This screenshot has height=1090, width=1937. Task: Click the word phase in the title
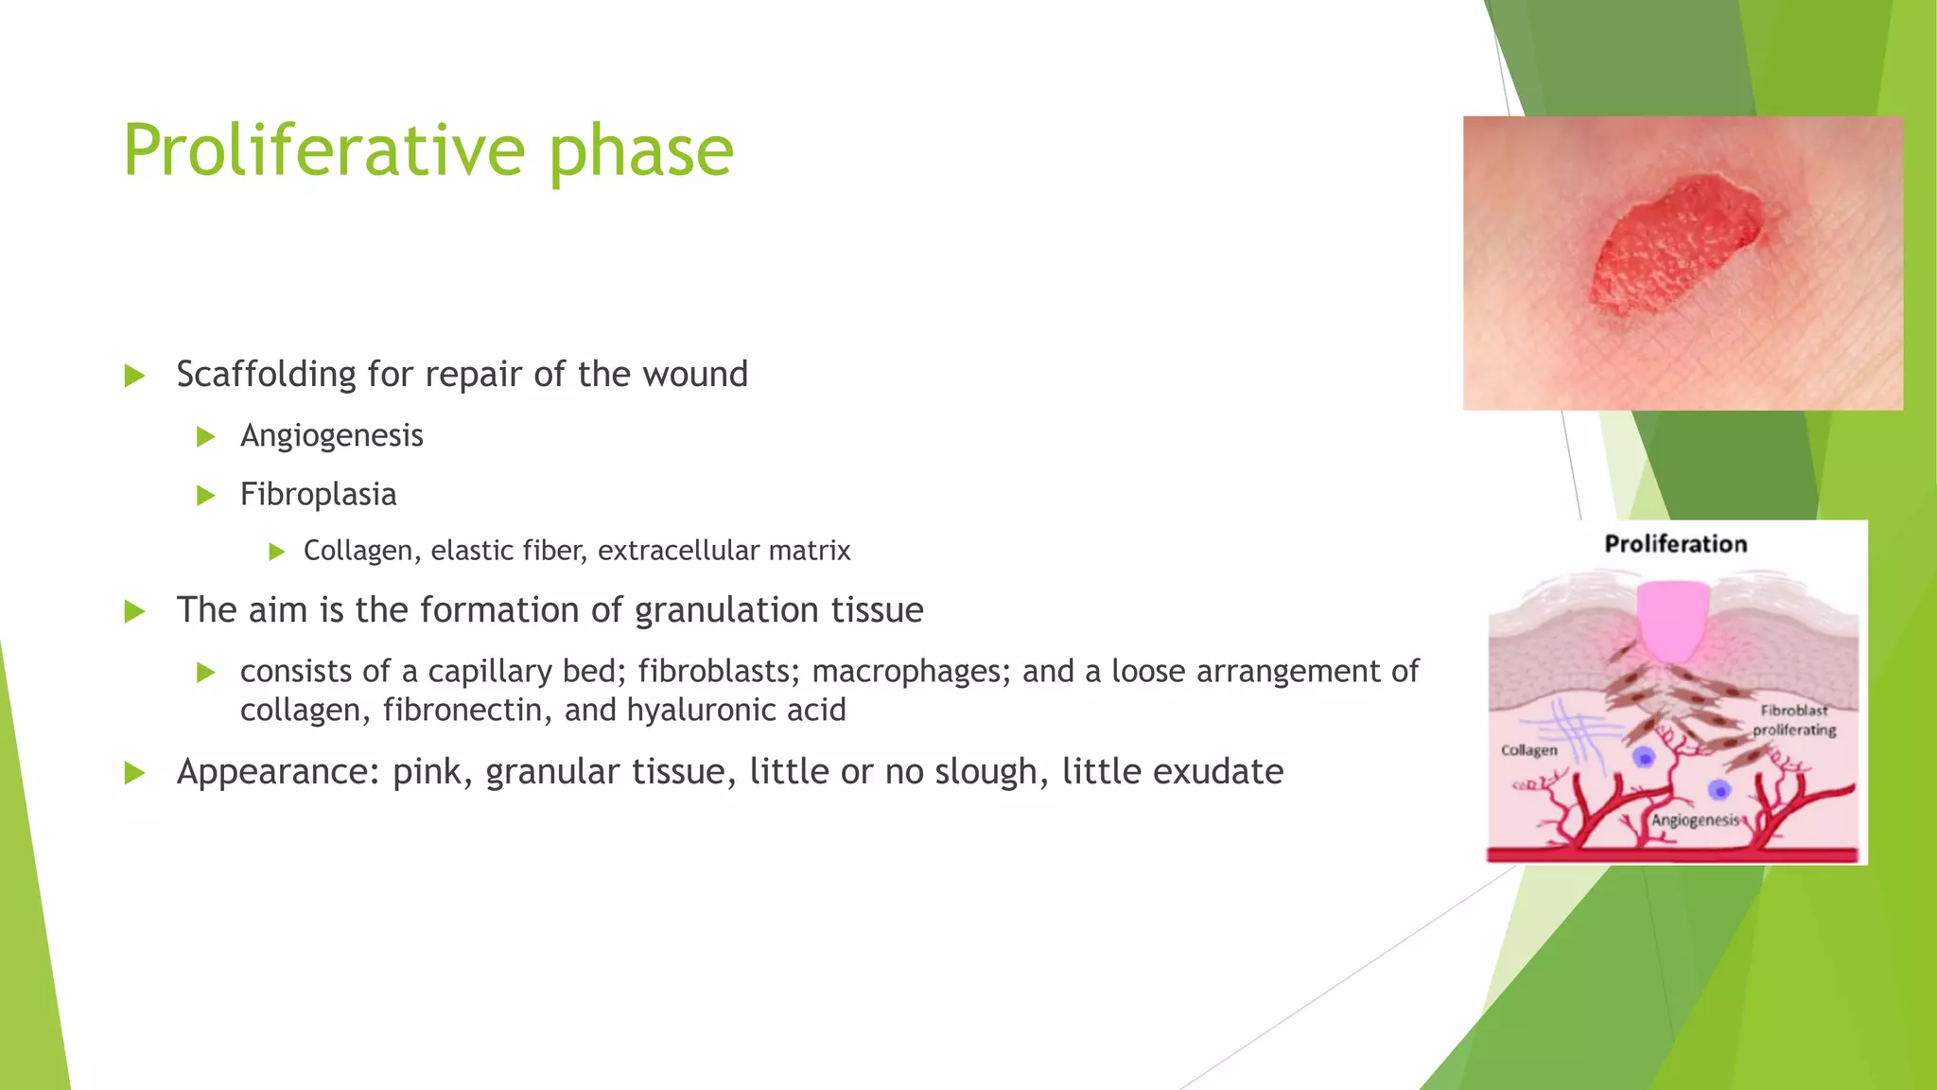click(x=640, y=150)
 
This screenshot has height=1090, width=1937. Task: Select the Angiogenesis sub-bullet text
click(x=331, y=435)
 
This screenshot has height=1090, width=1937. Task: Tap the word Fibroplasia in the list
click(x=318, y=494)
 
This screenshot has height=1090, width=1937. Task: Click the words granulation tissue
click(x=778, y=610)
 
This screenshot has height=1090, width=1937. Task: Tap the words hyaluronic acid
click(x=736, y=710)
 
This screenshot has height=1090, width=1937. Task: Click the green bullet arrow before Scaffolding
click(x=134, y=376)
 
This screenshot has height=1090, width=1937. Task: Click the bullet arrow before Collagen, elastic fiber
click(x=276, y=552)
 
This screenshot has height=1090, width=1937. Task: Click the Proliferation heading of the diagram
click(x=1675, y=544)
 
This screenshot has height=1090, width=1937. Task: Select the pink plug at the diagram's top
click(x=1673, y=620)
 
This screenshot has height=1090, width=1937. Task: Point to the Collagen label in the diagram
click(x=1528, y=750)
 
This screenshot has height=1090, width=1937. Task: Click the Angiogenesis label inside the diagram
click(x=1695, y=820)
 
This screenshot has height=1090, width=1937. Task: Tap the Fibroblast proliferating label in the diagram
click(x=1793, y=720)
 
